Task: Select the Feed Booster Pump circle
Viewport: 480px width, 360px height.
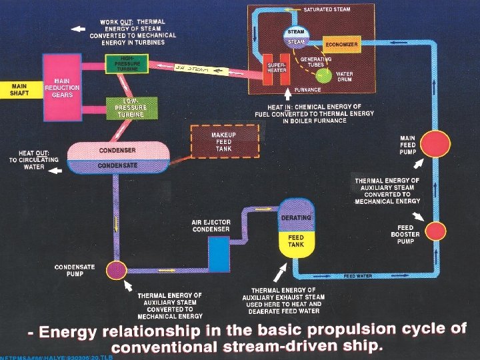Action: point(435,230)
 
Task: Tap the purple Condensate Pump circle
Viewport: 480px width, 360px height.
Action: point(117,270)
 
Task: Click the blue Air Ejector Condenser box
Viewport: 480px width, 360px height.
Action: point(218,249)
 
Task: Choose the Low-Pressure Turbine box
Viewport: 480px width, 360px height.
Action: point(131,107)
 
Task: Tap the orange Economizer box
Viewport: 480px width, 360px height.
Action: point(342,45)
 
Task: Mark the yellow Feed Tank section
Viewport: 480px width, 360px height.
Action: point(295,242)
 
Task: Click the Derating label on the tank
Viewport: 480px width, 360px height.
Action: point(296,218)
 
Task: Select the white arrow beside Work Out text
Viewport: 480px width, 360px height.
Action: point(79,29)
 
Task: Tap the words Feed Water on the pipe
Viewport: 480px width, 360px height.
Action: point(357,275)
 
